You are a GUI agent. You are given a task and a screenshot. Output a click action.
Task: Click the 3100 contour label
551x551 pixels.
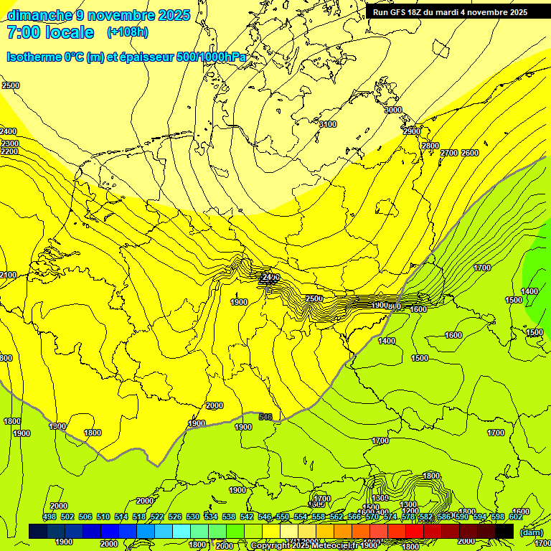pos(327,124)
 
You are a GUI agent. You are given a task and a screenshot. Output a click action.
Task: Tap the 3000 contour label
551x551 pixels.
pos(393,110)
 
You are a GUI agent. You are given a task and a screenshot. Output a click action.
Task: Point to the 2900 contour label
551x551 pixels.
pos(411,131)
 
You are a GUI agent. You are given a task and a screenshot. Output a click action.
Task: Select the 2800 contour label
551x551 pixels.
pos(430,146)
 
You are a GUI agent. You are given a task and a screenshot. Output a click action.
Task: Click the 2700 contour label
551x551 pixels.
pos(449,153)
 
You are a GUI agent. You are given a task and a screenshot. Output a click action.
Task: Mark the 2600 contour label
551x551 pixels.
pos(470,153)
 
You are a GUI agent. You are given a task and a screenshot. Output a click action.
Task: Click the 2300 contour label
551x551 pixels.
pos(9,143)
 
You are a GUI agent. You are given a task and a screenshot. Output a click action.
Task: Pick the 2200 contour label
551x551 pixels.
pos(9,151)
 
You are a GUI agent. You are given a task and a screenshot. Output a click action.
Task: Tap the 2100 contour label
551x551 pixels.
pos(8,275)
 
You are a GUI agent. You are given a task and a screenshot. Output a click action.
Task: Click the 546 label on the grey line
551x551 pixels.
pos(265,416)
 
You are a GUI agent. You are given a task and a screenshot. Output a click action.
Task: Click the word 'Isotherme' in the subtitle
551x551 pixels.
pos(33,57)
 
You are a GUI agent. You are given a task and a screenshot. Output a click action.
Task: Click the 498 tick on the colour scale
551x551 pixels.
pos(49,517)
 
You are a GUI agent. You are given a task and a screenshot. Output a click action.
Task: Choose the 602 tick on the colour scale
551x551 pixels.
pos(515,517)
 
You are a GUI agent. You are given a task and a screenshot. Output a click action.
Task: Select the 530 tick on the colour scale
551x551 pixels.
pos(192,517)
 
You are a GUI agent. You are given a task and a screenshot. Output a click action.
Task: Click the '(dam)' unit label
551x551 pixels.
pos(532,532)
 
